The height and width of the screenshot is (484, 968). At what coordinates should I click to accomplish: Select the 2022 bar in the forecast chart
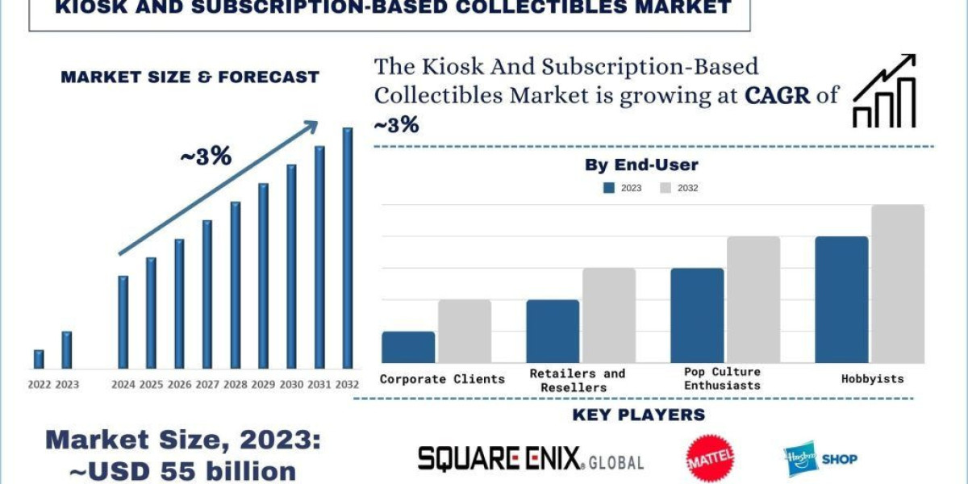(x=39, y=359)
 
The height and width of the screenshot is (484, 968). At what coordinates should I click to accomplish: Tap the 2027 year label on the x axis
(x=207, y=385)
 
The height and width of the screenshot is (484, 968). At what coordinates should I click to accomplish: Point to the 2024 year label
(x=123, y=385)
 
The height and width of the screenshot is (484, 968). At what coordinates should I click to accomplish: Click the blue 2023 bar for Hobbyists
(x=841, y=299)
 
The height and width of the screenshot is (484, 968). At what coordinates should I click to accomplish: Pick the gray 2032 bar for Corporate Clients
(x=465, y=331)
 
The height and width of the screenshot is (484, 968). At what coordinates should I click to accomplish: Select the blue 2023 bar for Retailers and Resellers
(x=553, y=331)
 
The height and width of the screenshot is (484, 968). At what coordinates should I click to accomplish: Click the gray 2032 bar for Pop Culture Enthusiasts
(x=753, y=299)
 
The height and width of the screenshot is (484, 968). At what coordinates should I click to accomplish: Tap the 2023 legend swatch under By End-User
(x=609, y=188)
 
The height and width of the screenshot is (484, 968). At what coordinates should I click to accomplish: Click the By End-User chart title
(x=641, y=165)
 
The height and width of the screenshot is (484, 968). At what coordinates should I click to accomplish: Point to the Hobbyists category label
(x=873, y=378)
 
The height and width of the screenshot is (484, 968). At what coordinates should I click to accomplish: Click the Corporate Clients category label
(x=442, y=378)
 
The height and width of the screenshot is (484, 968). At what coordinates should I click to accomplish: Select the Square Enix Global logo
(x=530, y=460)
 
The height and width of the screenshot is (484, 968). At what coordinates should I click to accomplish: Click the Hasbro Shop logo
(x=820, y=459)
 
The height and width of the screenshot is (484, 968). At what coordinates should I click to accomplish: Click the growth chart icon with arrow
(x=885, y=91)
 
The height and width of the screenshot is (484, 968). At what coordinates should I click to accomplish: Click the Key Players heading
(x=638, y=415)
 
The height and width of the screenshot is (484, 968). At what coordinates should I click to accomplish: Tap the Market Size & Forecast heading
(x=190, y=77)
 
